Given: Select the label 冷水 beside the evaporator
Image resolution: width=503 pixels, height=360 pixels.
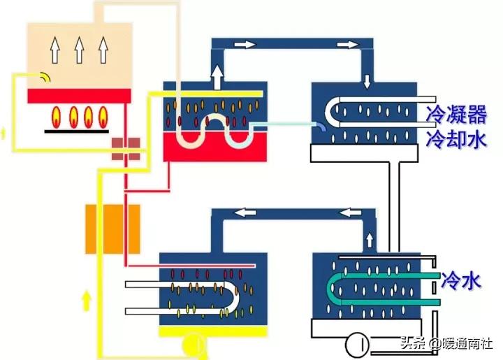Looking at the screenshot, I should point(460,281).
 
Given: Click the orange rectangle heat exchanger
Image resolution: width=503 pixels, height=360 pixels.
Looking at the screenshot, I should point(112,229).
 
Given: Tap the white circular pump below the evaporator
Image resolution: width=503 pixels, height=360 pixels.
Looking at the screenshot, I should point(358,345).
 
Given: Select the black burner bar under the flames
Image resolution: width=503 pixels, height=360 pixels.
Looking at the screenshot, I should point(78,129).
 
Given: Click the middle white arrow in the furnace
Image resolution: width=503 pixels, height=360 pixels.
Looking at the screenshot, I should point(80,50).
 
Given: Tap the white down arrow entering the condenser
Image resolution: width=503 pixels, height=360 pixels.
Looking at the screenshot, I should point(367,80).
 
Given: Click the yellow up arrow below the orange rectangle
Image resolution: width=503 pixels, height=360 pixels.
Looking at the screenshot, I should point(87,301).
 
